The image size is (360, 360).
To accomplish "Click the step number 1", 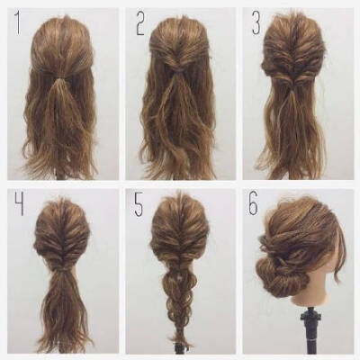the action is pos(18,22).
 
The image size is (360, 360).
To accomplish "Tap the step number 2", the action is pos(140,24).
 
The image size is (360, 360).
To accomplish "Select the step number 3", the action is pos(256,22).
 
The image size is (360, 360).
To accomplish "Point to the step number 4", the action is pos(19,204).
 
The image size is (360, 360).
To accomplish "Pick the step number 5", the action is pos(139,205).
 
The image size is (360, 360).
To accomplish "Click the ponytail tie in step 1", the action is pos(61,79).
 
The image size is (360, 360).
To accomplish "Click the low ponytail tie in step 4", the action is pos(62,270).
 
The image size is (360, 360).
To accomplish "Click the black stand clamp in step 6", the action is pos(310,316).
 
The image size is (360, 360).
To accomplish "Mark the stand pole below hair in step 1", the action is pos(60,175).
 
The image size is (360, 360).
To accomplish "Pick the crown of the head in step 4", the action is pos(61,207).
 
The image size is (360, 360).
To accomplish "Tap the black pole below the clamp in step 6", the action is pos(310,339).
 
